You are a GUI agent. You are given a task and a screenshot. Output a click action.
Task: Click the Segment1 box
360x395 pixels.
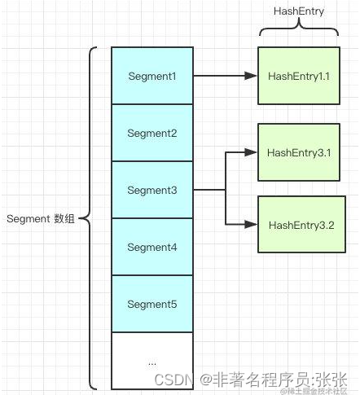point(152,76)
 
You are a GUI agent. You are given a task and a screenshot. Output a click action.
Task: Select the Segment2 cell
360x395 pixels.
point(152,133)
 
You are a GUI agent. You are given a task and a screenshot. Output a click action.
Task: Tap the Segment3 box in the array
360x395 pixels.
point(152,190)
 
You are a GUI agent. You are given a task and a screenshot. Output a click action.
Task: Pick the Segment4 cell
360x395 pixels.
point(152,247)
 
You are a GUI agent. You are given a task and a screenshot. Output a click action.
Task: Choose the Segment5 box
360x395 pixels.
point(152,304)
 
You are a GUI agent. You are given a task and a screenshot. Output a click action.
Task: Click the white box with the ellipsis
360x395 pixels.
point(152,359)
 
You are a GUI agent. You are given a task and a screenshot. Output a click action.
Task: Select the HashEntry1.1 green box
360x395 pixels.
point(298,76)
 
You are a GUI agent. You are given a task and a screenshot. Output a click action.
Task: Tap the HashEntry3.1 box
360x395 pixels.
point(298,152)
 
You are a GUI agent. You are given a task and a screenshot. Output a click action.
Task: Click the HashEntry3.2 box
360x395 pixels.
point(298,224)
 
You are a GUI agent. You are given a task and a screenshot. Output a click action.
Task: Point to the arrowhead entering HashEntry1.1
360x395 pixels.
point(252,76)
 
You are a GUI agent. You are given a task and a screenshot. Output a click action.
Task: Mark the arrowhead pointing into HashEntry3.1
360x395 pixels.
point(252,152)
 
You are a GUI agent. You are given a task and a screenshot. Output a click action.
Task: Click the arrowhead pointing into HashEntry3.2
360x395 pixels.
point(252,224)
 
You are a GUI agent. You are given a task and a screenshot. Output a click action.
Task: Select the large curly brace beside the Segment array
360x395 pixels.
point(92,217)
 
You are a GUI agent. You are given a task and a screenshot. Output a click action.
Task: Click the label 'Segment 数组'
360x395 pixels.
point(40,218)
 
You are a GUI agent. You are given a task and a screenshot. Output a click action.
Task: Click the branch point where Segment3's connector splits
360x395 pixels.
point(226,190)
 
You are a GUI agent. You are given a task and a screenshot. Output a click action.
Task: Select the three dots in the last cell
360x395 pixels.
point(152,360)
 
